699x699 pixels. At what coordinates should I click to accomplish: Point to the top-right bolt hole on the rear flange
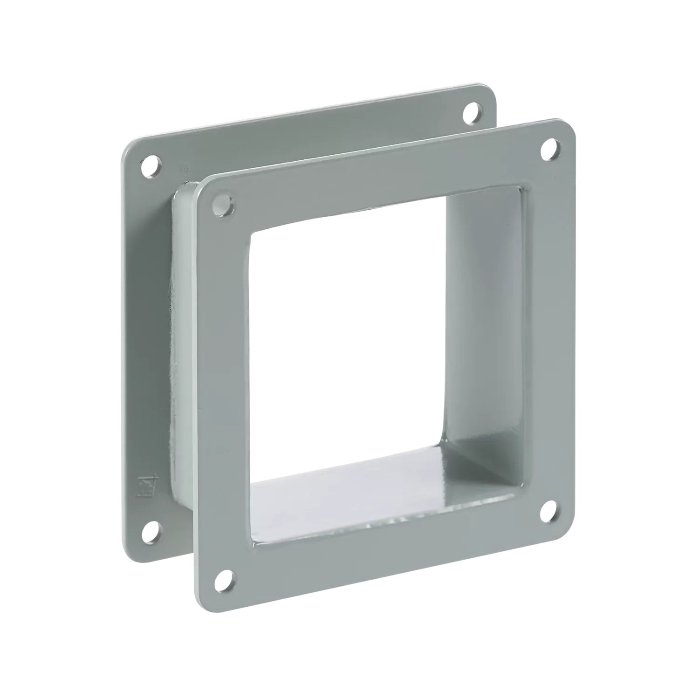(474, 112)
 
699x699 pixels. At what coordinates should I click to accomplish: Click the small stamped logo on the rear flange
(144, 469)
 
